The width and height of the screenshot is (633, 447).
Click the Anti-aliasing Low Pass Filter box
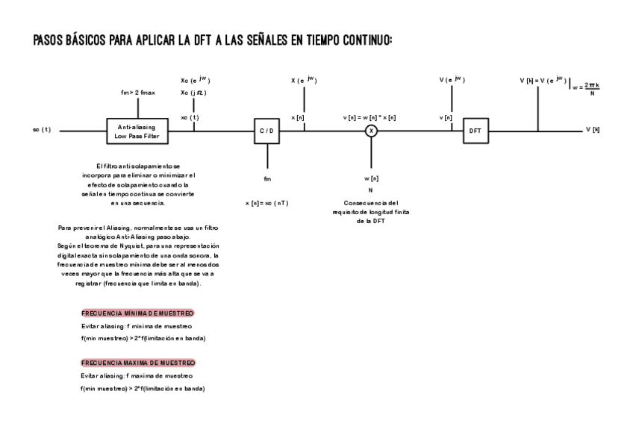pos(137,131)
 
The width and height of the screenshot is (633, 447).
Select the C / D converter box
pos(266,131)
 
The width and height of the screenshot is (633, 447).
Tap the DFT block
pos(475,131)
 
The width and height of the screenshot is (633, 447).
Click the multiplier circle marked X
pos(371,131)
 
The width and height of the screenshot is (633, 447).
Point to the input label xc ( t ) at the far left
pos(41,130)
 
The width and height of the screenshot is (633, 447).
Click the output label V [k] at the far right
pos(592,130)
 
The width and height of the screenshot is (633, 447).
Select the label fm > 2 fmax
pos(137,93)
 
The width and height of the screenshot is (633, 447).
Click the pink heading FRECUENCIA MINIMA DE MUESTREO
pos(137,313)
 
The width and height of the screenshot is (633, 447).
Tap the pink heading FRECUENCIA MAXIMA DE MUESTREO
pos(137,363)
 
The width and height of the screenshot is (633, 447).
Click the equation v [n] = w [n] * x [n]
pos(369,118)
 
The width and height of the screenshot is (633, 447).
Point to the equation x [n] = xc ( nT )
pos(266,203)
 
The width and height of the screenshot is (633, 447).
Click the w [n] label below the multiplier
pos(371,178)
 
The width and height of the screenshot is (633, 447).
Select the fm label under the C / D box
pos(267,179)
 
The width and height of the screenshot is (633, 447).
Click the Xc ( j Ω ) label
pos(194,93)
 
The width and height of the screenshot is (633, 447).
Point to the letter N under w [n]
pos(371,190)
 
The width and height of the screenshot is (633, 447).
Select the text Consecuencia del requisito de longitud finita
pos(371,212)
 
